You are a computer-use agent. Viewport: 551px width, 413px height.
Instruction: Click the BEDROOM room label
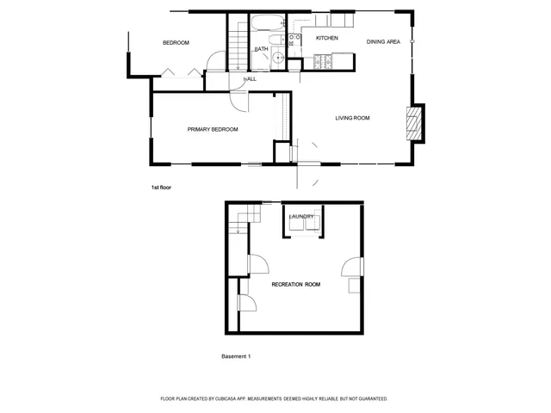pos(176,43)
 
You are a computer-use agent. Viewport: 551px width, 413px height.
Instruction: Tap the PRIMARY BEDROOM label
pos(213,129)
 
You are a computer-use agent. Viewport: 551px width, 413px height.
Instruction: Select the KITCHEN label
pos(326,39)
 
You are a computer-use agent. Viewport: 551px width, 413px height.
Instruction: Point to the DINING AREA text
pos(383,41)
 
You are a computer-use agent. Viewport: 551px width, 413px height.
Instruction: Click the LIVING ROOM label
pos(352,118)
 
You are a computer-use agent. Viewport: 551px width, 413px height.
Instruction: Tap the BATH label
pos(260,49)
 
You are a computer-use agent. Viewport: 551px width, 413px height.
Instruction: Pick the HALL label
pos(251,79)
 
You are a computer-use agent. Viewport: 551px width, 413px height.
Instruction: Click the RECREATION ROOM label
pos(295,284)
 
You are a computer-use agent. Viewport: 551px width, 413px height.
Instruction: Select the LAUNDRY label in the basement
pos(301,216)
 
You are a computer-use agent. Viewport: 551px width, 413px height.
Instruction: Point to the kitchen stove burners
pos(325,60)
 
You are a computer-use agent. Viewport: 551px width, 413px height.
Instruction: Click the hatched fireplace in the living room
pos(415,123)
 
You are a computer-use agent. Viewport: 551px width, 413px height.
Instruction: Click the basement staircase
pos(238,220)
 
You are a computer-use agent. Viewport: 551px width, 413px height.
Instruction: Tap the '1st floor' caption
pos(161,187)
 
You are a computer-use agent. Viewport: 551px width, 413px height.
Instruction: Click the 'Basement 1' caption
pos(235,355)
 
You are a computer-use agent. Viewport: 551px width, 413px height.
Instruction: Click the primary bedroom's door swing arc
pos(239,99)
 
